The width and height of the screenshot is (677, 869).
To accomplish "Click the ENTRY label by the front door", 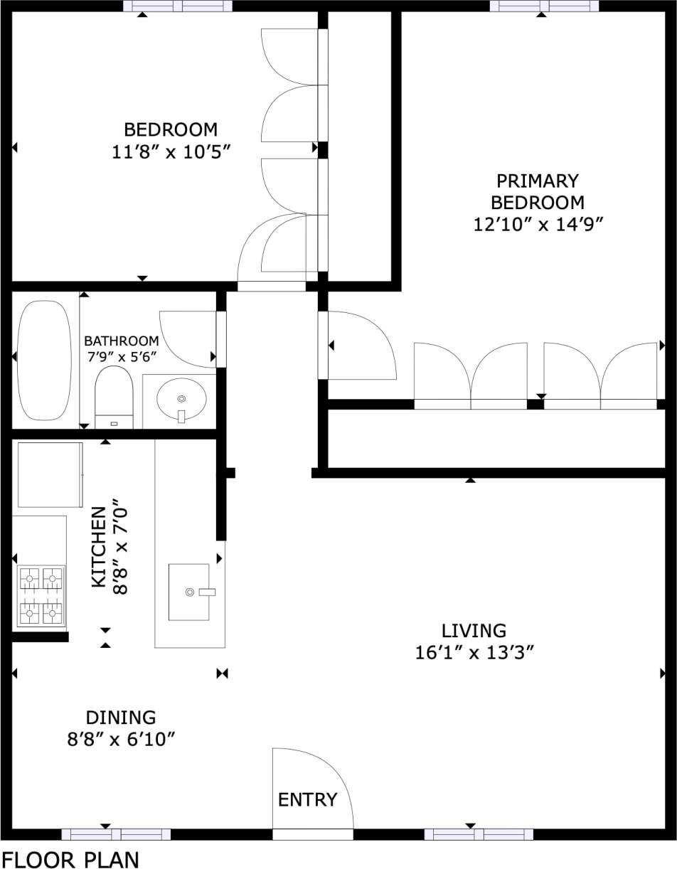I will pyautogui.click(x=307, y=800).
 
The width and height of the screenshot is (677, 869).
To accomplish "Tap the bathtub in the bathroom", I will pyautogui.click(x=44, y=360).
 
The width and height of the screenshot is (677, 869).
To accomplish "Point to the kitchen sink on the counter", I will pyautogui.click(x=189, y=592).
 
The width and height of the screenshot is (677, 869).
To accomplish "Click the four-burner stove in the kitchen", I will pyautogui.click(x=41, y=596).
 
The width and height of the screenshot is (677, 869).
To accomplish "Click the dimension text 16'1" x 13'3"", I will pyautogui.click(x=474, y=653).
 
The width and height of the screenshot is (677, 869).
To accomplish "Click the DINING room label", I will pyautogui.click(x=121, y=718).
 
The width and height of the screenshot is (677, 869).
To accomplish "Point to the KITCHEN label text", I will pyautogui.click(x=99, y=548).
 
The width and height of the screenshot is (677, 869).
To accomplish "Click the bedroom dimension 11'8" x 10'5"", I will pyautogui.click(x=171, y=152).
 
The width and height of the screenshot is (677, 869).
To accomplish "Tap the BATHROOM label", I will pyautogui.click(x=121, y=341).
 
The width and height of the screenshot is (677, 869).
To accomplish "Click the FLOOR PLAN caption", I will pyautogui.click(x=70, y=859).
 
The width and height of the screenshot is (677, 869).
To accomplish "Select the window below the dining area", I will pyautogui.click(x=116, y=834).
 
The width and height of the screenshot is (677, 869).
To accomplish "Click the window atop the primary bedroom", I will pyautogui.click(x=544, y=6).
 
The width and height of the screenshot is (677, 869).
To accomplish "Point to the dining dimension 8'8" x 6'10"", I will pyautogui.click(x=121, y=740).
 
